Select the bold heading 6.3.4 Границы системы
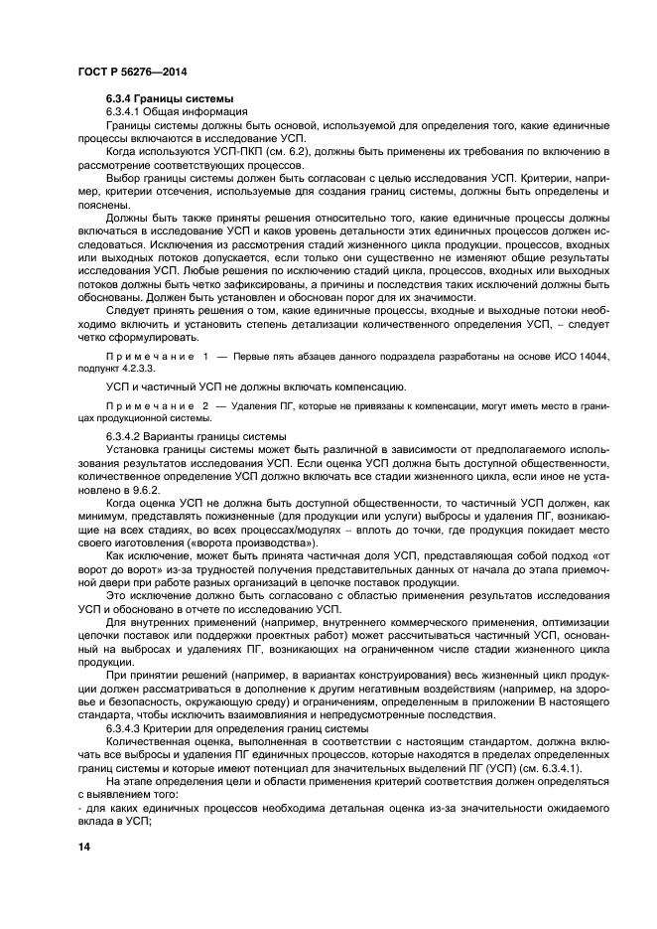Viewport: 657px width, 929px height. pos(169,100)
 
